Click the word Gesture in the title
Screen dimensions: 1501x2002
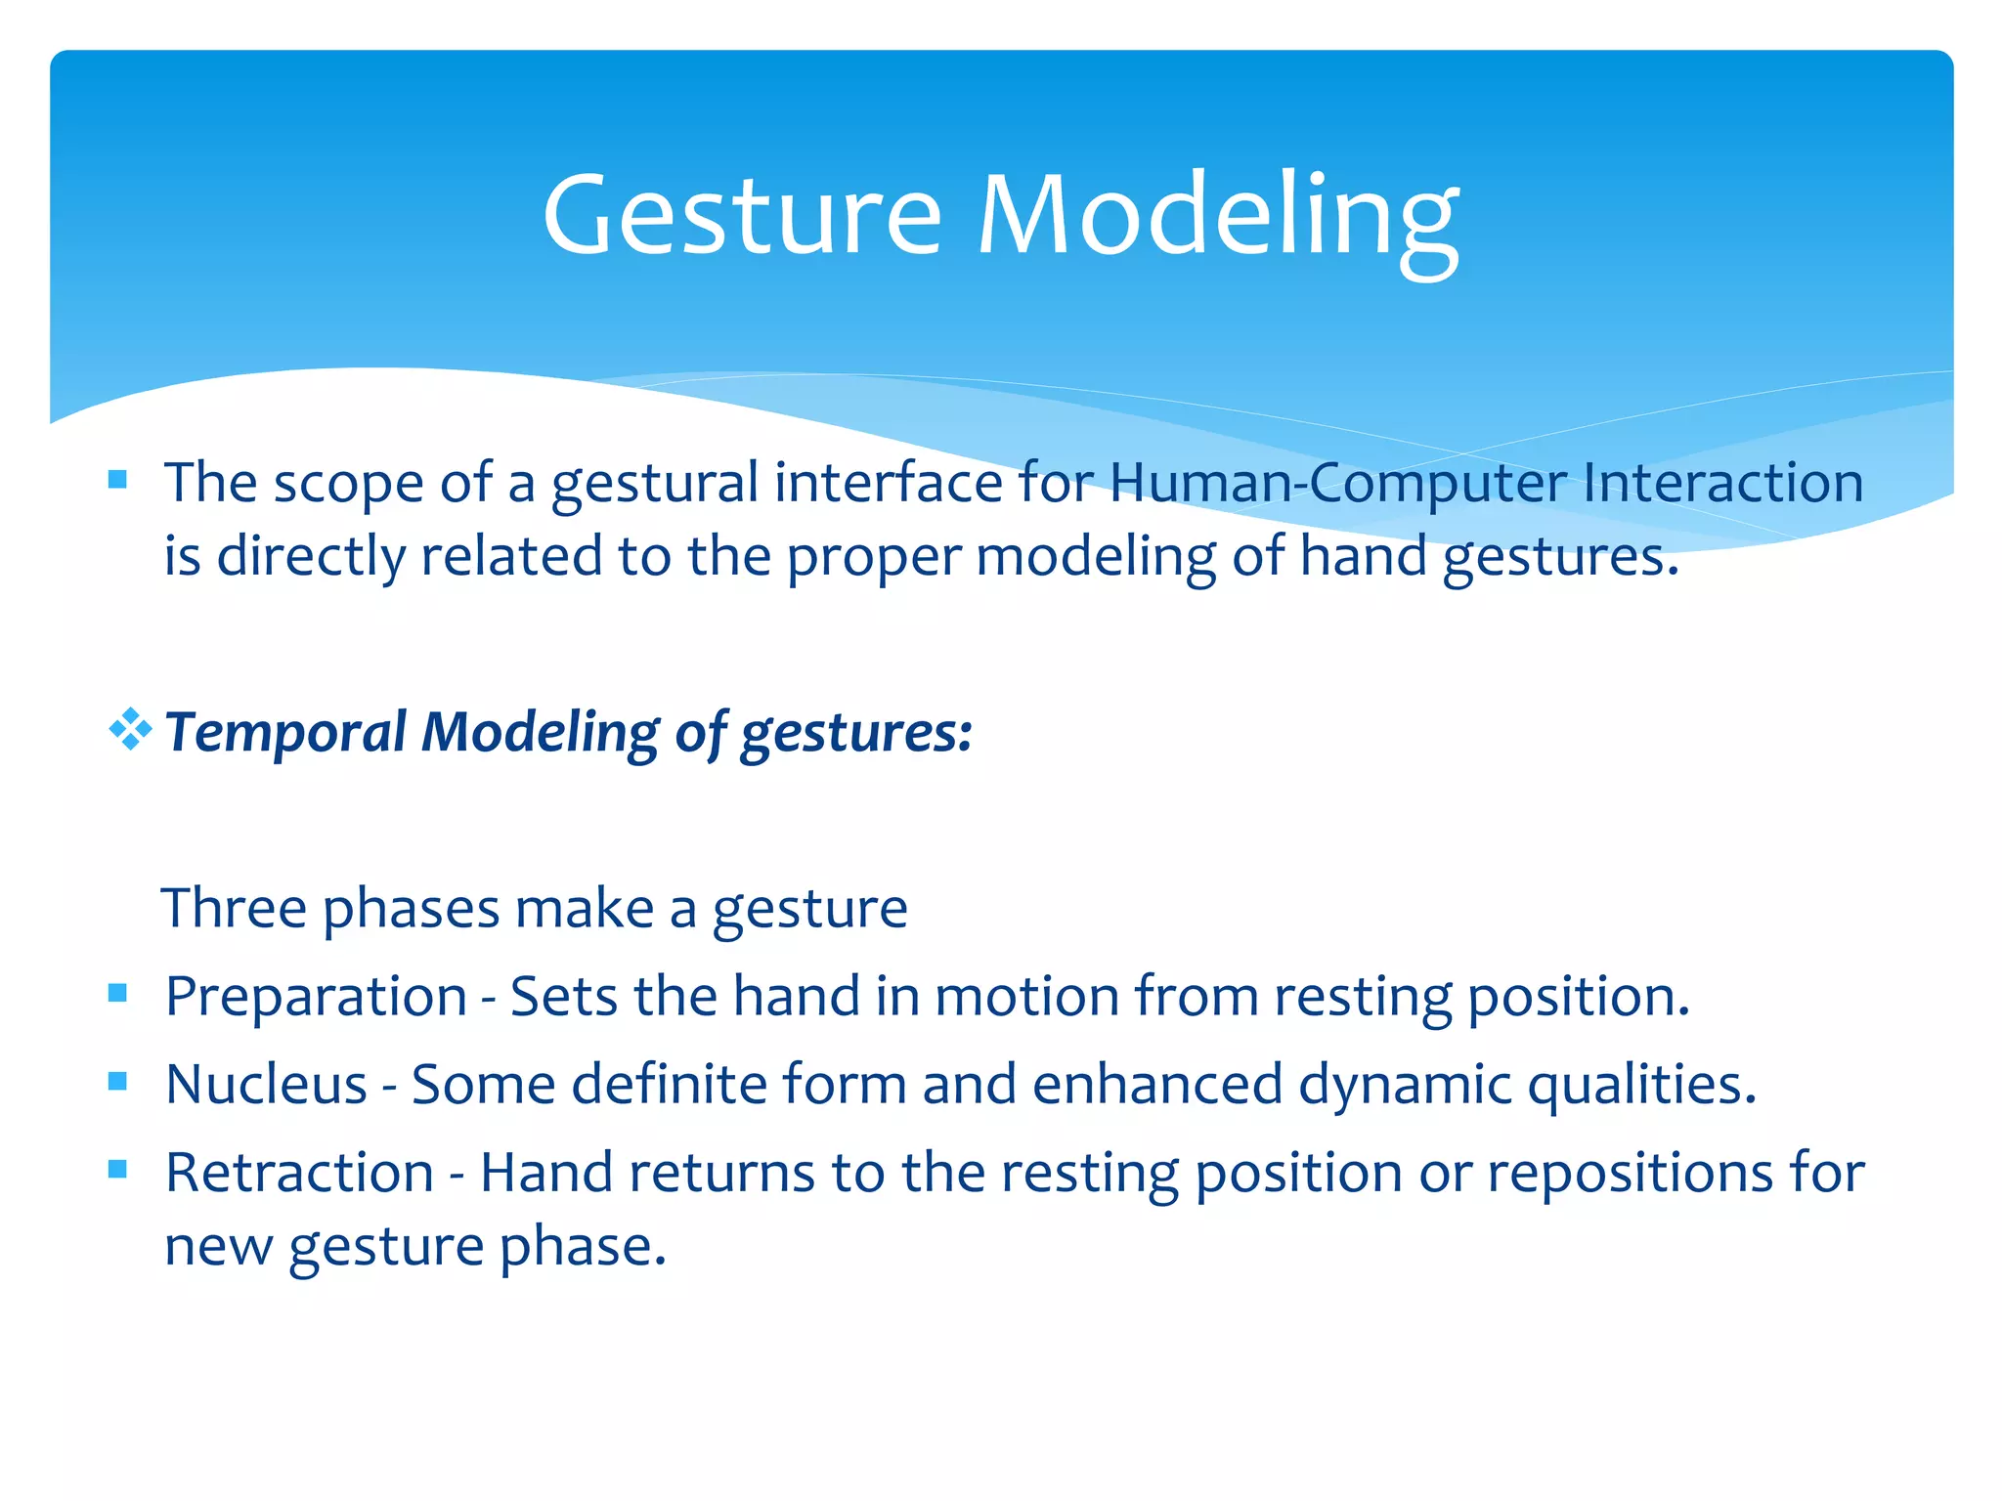click(x=742, y=215)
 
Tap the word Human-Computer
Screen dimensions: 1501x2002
click(x=1337, y=483)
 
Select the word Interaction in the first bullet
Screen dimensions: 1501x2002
click(x=1722, y=483)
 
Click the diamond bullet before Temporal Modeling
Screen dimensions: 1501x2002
click(x=130, y=729)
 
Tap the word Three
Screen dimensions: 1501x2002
click(x=235, y=908)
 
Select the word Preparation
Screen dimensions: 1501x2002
click(x=316, y=997)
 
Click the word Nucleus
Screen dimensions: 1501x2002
click(x=266, y=1085)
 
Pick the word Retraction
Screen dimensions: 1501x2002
click(x=299, y=1173)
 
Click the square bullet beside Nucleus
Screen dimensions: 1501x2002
click(x=118, y=1081)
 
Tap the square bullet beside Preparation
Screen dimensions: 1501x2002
click(x=118, y=993)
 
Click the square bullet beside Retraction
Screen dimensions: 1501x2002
click(x=118, y=1169)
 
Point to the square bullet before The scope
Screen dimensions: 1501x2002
click(x=118, y=479)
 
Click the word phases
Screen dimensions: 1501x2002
click(x=412, y=908)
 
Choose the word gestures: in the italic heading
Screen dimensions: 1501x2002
click(x=856, y=733)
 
